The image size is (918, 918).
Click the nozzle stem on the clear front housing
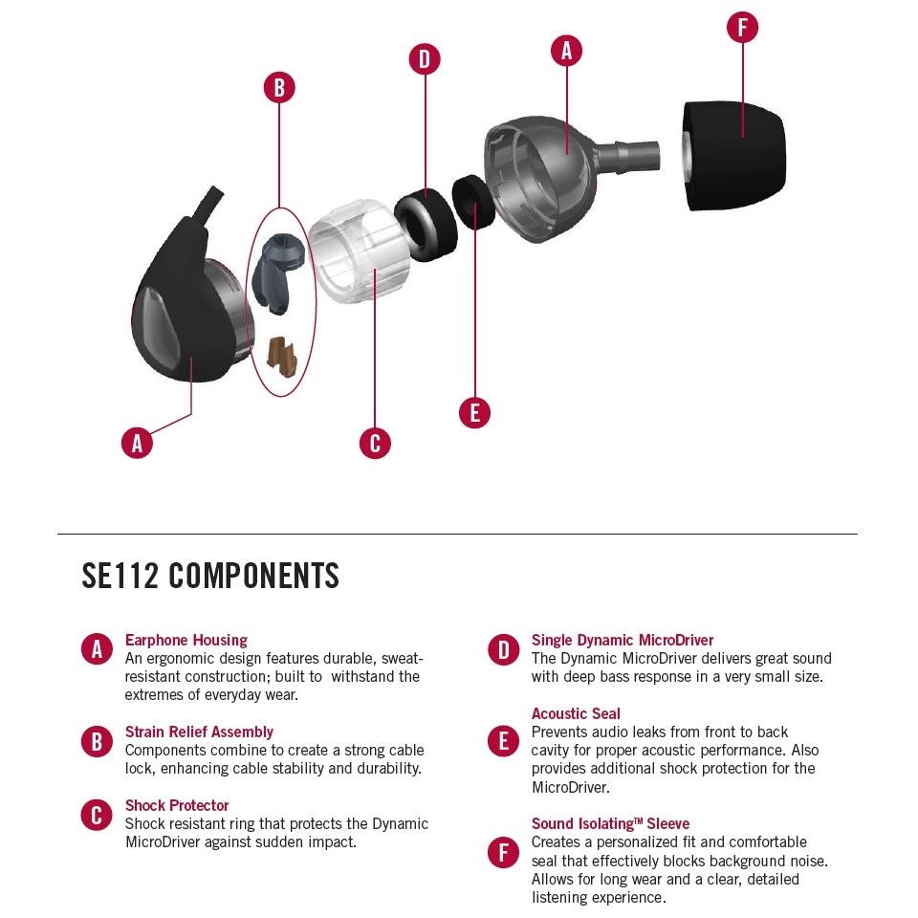pyautogui.click(x=631, y=154)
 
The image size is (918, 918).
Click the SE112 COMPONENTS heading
pyautogui.click(x=210, y=576)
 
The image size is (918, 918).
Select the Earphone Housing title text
pyautogui.click(x=186, y=640)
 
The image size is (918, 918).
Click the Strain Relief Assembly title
pyautogui.click(x=199, y=732)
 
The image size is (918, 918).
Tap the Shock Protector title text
pyautogui.click(x=177, y=805)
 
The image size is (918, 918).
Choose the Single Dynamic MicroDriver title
pyautogui.click(x=623, y=640)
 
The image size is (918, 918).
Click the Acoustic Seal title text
pyautogui.click(x=576, y=713)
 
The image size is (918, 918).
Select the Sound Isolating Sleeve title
pyautogui.click(x=610, y=823)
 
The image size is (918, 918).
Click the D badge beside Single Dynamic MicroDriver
pyautogui.click(x=503, y=650)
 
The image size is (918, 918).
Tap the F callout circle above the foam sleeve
pyautogui.click(x=742, y=27)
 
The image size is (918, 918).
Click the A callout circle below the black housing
pyautogui.click(x=138, y=443)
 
